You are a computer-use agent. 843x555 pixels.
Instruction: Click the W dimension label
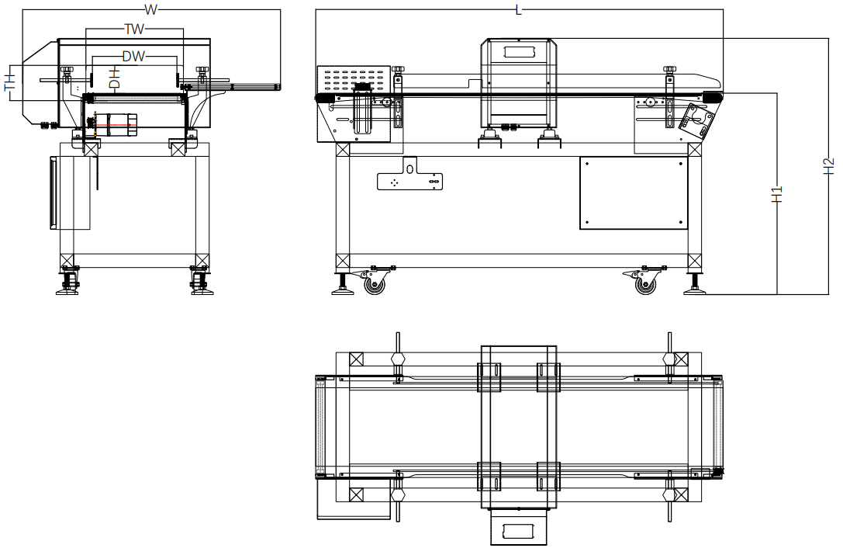coord(151,9)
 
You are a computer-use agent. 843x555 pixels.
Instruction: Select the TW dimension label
coord(134,29)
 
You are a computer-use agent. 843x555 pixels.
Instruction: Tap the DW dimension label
coord(133,57)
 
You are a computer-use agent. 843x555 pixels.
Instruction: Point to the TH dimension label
coord(10,83)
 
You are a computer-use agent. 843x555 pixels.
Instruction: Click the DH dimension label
coord(114,78)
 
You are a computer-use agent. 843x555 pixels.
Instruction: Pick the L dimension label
coord(519,9)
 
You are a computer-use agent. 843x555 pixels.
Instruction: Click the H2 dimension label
coord(827,166)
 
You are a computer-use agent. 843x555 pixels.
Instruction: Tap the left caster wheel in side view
coord(375,284)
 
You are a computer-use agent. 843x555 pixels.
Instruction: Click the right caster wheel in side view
coord(644,284)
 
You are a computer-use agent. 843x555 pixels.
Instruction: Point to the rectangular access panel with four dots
coord(634,193)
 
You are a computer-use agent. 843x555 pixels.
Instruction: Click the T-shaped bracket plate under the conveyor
coord(410,178)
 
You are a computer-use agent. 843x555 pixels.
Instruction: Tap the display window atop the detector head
coord(519,52)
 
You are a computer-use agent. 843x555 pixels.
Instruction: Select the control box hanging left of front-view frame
coord(71,193)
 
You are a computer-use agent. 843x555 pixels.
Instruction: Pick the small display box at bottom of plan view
coord(519,531)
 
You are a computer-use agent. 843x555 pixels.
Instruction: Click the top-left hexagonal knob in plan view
coord(399,359)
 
